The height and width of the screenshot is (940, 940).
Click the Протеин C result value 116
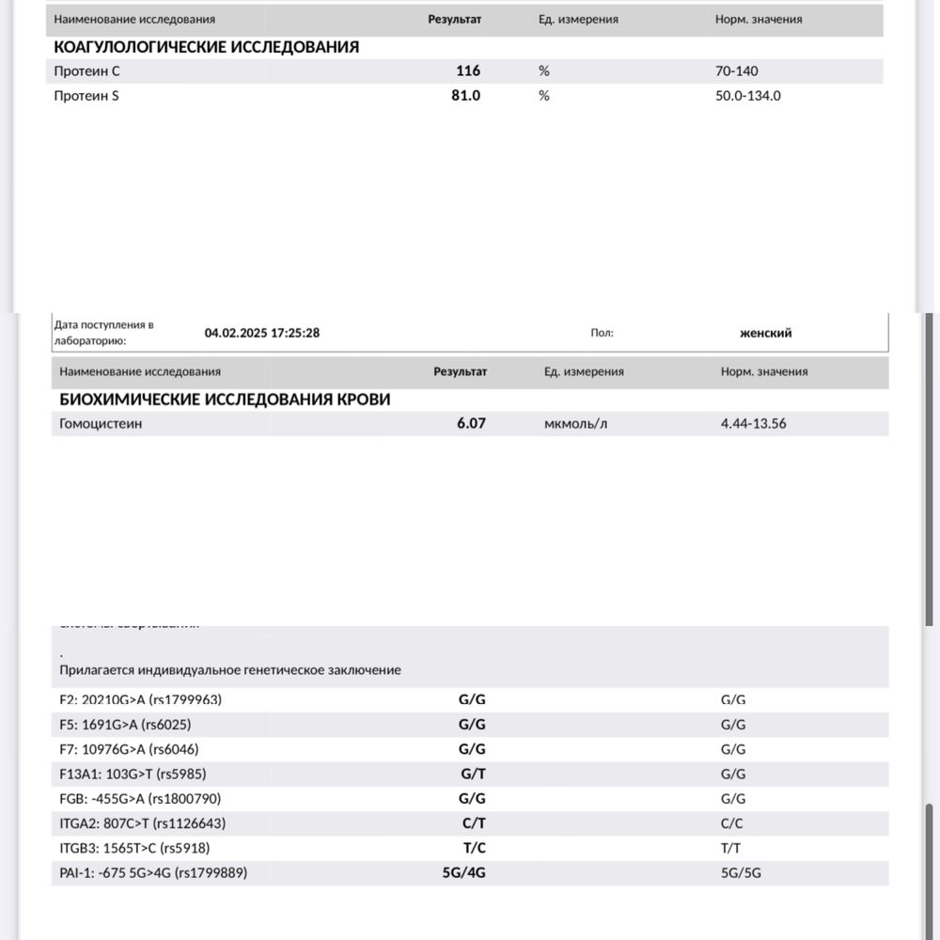(467, 70)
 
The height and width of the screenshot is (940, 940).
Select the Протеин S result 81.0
(466, 95)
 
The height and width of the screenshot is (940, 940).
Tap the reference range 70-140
(736, 70)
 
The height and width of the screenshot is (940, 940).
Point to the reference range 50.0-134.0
(747, 95)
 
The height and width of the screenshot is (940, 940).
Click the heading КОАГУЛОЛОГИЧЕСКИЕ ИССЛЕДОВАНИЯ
(207, 46)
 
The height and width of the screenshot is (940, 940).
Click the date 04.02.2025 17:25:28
(262, 333)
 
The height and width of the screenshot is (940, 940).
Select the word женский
(766, 333)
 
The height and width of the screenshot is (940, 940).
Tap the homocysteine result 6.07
(471, 423)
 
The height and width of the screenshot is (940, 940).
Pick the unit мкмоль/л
(576, 423)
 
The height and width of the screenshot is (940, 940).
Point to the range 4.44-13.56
(753, 423)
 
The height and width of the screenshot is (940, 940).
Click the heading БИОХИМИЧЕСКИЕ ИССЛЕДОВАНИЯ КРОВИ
(225, 399)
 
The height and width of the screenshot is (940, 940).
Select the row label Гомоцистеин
(101, 423)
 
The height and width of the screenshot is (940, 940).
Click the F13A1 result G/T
(472, 774)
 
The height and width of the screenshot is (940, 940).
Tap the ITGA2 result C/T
(472, 823)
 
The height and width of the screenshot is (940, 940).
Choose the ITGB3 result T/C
(472, 848)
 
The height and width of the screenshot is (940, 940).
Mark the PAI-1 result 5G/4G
(464, 872)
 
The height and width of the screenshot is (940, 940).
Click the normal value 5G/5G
(741, 872)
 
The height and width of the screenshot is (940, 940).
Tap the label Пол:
(602, 333)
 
